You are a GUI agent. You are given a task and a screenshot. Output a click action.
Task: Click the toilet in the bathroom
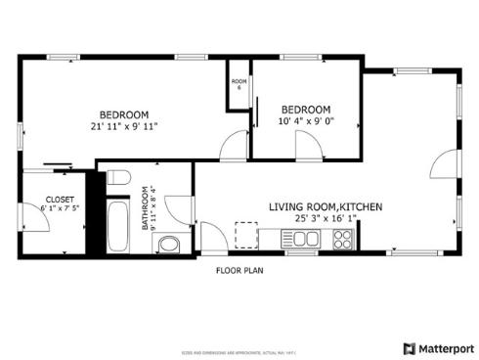click(x=117, y=177)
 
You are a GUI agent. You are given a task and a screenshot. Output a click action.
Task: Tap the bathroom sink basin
click(x=168, y=244)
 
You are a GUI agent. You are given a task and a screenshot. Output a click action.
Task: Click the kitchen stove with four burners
click(x=343, y=238)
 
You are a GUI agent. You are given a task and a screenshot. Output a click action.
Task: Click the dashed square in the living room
click(x=245, y=235)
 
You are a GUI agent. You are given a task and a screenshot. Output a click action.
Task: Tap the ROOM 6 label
click(x=238, y=84)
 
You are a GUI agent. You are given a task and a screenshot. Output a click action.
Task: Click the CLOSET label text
click(x=60, y=198)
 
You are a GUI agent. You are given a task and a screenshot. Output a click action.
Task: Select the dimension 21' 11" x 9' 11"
click(x=123, y=126)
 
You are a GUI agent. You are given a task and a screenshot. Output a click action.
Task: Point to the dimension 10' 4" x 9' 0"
click(x=305, y=122)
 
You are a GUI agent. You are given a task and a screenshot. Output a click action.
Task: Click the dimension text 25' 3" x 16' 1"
click(x=326, y=220)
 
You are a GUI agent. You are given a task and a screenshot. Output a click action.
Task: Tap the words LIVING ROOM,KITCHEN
click(x=326, y=207)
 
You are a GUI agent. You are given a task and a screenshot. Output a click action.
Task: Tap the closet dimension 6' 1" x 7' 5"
click(x=60, y=208)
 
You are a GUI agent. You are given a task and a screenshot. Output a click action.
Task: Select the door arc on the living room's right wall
click(x=445, y=163)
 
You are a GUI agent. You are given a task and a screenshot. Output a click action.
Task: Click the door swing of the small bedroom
click(x=310, y=147)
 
